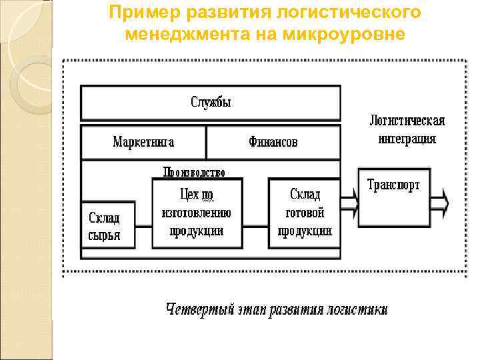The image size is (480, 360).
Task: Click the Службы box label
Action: (211, 103)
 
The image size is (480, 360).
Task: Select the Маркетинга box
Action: (143, 142)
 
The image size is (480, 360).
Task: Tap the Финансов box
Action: (273, 142)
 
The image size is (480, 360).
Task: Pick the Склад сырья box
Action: (107, 225)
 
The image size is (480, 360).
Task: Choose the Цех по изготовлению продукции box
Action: (197, 213)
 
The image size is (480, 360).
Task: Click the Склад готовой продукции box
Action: (304, 213)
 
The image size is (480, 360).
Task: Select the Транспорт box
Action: (393, 197)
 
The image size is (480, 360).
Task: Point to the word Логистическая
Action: (407, 122)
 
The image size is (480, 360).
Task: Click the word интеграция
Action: (407, 139)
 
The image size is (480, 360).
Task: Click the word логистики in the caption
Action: (355, 311)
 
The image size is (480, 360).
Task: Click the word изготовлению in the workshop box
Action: (197, 213)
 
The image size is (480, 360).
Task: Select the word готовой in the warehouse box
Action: (305, 213)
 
